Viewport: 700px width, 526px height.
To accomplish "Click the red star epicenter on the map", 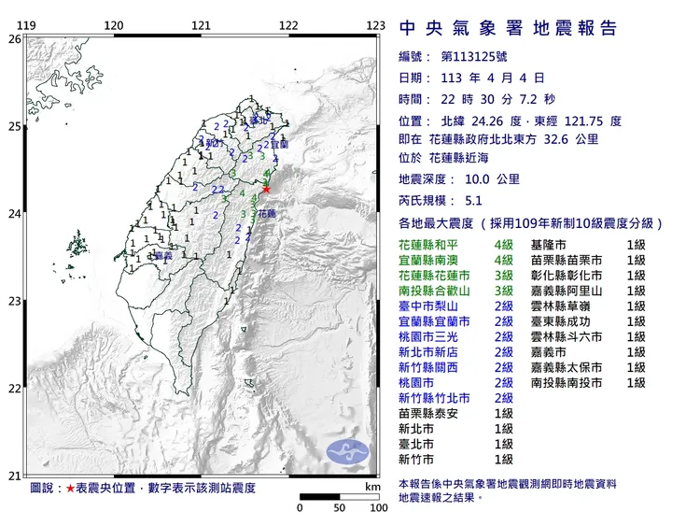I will (266, 189).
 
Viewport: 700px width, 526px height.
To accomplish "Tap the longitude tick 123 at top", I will (376, 26).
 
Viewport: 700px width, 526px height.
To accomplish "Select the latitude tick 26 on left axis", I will (13, 39).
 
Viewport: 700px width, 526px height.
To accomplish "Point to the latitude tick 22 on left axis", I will (13, 389).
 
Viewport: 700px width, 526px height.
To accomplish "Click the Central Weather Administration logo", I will (346, 452).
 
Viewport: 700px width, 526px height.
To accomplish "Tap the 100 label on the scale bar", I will (378, 508).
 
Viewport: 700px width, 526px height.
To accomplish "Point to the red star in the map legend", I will (71, 489).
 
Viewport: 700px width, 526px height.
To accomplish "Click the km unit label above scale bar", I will (373, 488).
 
